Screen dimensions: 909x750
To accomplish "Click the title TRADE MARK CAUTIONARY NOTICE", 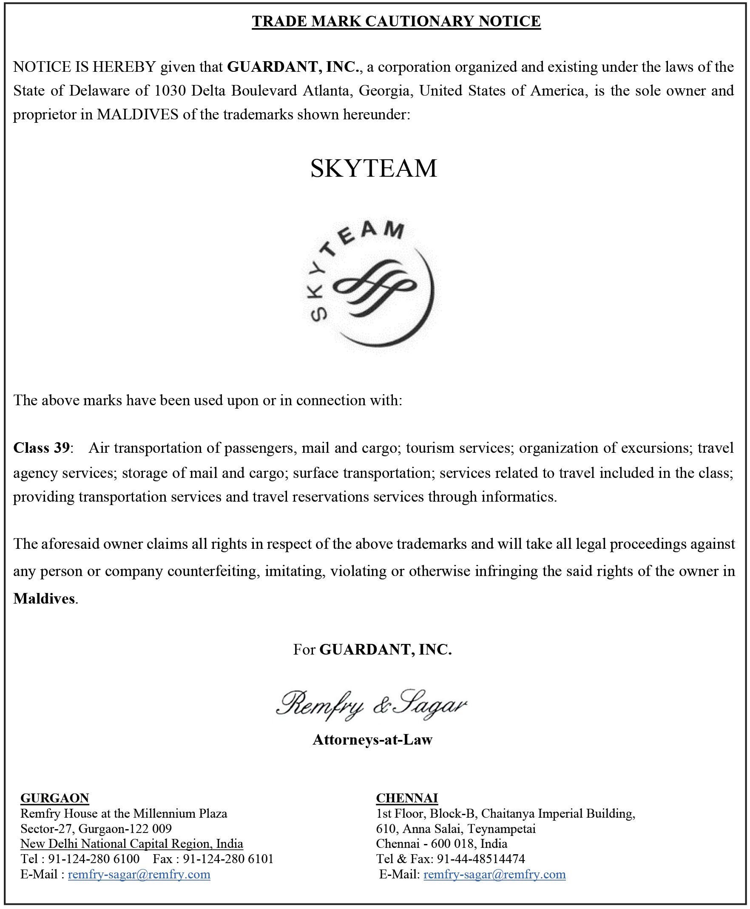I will click(x=396, y=21).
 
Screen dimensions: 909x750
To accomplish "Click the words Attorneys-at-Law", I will click(x=372, y=740).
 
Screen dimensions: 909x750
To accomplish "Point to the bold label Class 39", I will click(x=42, y=448).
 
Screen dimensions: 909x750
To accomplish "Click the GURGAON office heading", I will click(x=55, y=798).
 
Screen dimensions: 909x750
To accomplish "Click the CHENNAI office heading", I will click(x=407, y=798).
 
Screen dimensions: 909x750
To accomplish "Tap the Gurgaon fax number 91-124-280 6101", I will click(x=228, y=859).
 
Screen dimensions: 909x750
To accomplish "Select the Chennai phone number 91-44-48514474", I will click(x=481, y=859).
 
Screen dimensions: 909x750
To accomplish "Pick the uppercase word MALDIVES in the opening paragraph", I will click(x=137, y=114).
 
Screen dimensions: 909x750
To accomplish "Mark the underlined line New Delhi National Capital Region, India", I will click(x=132, y=844).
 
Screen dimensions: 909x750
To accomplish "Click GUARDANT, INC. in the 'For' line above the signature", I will click(x=385, y=649).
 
